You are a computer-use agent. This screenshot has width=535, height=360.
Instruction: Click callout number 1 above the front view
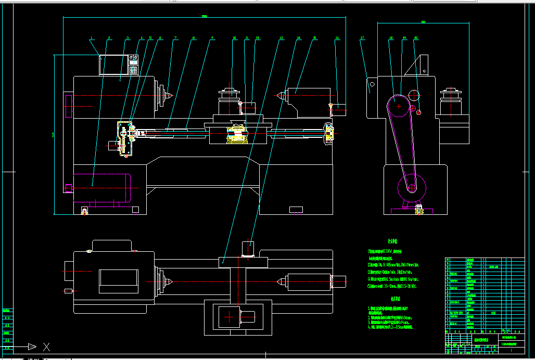click(x=91, y=38)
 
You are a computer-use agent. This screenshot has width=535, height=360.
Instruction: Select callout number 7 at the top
click(x=175, y=38)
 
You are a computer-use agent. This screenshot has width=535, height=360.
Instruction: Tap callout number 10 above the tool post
click(x=234, y=38)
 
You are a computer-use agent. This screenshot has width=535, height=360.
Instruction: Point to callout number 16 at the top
click(x=337, y=38)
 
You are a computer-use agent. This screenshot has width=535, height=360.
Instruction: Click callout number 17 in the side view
click(x=362, y=38)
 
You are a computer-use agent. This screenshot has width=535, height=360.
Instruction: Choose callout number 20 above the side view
click(x=416, y=38)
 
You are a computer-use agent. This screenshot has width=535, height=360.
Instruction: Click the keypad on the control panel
click(x=133, y=69)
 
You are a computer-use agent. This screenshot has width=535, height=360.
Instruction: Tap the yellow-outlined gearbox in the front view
click(x=125, y=138)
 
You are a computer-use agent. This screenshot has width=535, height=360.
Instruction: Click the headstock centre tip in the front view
click(x=170, y=96)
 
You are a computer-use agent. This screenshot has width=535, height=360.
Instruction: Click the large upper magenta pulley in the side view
click(x=399, y=107)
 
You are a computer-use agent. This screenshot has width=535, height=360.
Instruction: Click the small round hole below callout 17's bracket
click(x=372, y=84)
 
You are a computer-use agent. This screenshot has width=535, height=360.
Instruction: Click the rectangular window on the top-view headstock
click(x=118, y=278)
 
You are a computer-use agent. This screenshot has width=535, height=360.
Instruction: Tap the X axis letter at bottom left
click(x=46, y=346)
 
